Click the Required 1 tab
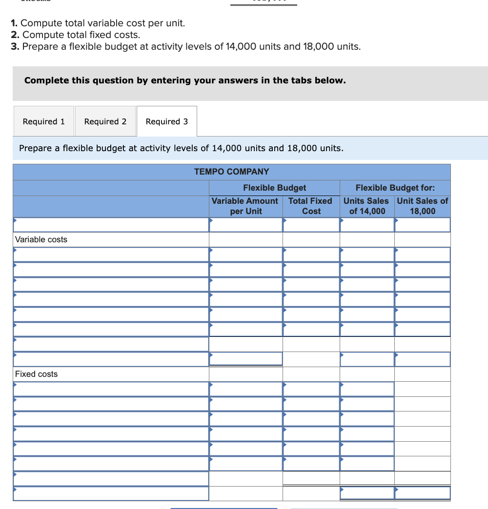44,121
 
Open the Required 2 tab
105,121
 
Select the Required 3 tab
167,121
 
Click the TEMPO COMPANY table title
231,172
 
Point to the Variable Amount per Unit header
245,206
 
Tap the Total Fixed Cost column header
311,206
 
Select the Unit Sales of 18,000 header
423,206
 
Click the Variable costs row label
41,239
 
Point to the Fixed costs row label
37,374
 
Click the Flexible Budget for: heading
395,188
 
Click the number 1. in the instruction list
15,23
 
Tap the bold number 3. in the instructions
15,46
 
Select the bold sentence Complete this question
185,80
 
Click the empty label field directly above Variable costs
111,225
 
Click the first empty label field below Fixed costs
111,389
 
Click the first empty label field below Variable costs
111,254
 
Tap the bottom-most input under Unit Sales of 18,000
423,493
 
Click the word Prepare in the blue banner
36,148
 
